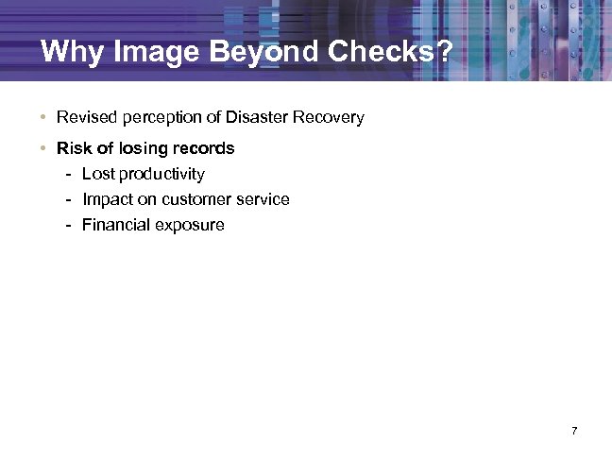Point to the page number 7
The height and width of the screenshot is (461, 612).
point(574,432)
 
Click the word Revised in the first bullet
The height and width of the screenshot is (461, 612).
point(84,118)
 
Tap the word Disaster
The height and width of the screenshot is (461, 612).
point(254,118)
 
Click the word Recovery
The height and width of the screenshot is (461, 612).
point(326,118)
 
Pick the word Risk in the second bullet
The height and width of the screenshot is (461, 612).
point(73,148)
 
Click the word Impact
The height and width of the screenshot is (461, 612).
point(106,199)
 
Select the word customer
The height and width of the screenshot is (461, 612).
point(196,199)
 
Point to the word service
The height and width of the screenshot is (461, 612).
point(263,199)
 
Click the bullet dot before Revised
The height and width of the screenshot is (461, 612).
point(43,118)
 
